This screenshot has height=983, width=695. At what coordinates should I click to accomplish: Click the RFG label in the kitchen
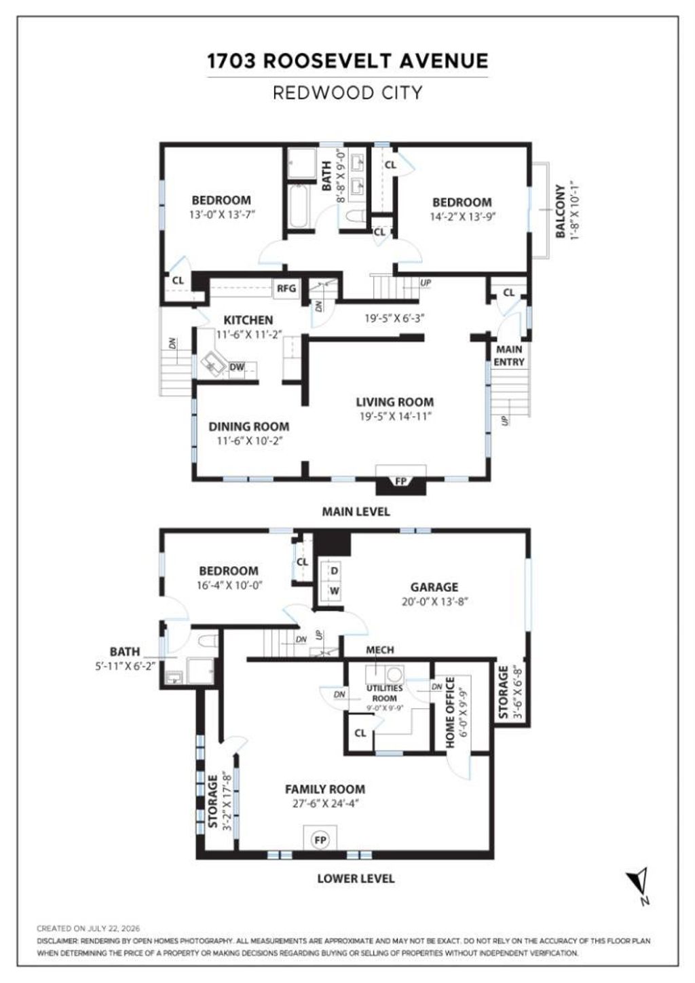pos(286,289)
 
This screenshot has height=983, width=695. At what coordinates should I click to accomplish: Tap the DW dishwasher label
pos(237,367)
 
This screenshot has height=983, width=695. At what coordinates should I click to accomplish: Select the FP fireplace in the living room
pos(401,481)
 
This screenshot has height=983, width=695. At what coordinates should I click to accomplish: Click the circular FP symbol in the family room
pos(320,840)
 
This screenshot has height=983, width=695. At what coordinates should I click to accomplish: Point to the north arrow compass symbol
pos(639,885)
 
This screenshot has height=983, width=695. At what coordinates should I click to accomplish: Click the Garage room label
pos(434,587)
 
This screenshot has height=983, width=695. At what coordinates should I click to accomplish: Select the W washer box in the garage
pos(335,591)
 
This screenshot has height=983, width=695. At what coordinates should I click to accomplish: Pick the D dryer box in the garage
pos(335,570)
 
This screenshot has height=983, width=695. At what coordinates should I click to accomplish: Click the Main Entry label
pos(509,356)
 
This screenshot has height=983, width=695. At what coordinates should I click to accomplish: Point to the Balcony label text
pos(561,211)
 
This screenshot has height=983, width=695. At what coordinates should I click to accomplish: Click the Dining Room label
pos(249,426)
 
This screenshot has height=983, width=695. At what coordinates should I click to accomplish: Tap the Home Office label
pos(450,712)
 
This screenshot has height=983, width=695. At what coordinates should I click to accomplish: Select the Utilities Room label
pos(385,693)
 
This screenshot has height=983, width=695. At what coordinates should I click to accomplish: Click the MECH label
pos(380,650)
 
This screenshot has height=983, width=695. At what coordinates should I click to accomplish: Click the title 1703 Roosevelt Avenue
pos(347,61)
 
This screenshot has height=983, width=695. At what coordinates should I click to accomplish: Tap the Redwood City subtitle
pos(347,92)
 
